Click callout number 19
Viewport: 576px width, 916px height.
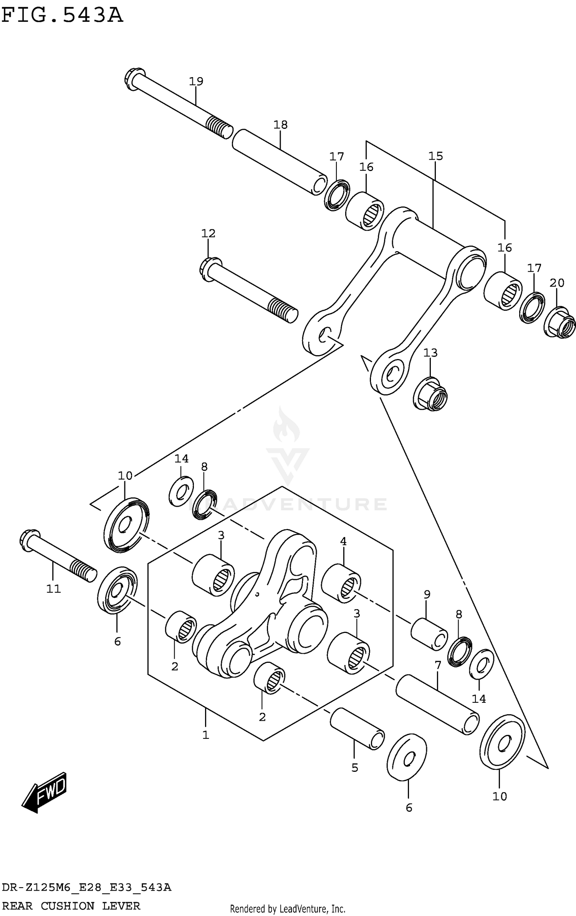tap(196, 81)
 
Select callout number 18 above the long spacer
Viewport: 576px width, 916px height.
tap(280, 125)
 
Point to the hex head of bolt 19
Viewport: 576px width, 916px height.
tap(135, 79)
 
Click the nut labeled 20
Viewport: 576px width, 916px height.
tap(560, 322)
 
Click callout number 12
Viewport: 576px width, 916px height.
tap(208, 233)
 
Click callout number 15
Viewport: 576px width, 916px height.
tap(435, 156)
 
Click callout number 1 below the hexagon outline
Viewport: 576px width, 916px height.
tap(205, 735)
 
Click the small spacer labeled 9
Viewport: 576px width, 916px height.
tap(429, 634)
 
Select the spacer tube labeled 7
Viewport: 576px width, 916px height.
tap(437, 705)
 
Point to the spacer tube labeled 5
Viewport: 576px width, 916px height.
tap(357, 729)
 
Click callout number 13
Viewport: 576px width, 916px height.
tap(430, 353)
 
